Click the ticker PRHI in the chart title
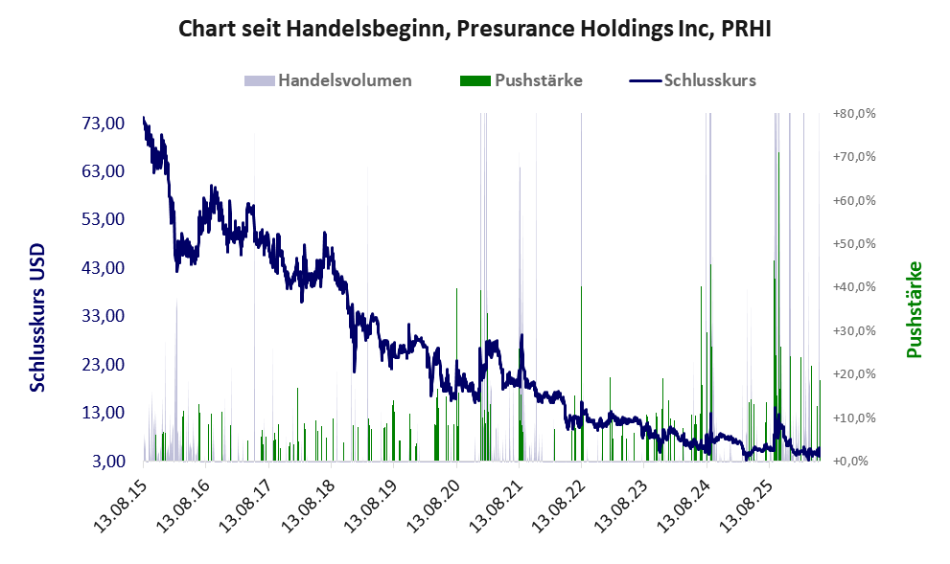click(x=746, y=29)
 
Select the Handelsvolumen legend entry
click(x=328, y=80)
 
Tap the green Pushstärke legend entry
click(x=521, y=80)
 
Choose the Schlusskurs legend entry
click(x=692, y=80)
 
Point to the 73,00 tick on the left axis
click(x=103, y=124)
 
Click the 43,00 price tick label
click(x=103, y=267)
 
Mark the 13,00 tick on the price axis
click(x=103, y=413)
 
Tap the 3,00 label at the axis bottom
click(x=108, y=462)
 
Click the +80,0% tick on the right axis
click(x=854, y=114)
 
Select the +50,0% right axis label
click(x=854, y=244)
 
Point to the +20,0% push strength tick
click(x=854, y=374)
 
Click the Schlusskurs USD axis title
click(x=37, y=318)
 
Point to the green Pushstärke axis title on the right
click(x=915, y=310)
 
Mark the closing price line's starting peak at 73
click(x=144, y=118)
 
